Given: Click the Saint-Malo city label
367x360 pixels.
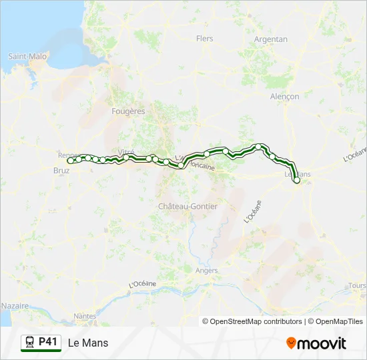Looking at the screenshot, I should pos(27,57).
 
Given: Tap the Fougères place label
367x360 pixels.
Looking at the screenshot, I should pos(129,111).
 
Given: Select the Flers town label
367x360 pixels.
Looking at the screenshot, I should pos(205,39).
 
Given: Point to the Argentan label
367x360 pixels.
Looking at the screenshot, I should pos(271,39).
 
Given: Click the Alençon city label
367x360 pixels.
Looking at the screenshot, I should pos(285,97).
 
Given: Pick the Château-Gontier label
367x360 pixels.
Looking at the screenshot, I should pos(188,207).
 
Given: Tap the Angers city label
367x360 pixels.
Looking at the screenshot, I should pos(207,271).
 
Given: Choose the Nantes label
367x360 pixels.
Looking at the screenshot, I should pos(85,316).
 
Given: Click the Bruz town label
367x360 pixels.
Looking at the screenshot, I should pos(60,171).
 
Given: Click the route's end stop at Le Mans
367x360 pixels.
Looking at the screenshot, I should pos(297,180).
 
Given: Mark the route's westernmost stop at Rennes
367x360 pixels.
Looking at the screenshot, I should pos(71,160).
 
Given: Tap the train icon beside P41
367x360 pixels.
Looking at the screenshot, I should pos(30,343).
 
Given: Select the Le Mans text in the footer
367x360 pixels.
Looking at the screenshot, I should pos(88,343).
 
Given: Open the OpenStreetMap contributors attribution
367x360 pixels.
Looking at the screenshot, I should pos(256,321).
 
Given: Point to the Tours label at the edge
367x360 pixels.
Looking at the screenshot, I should pos(357,286).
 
